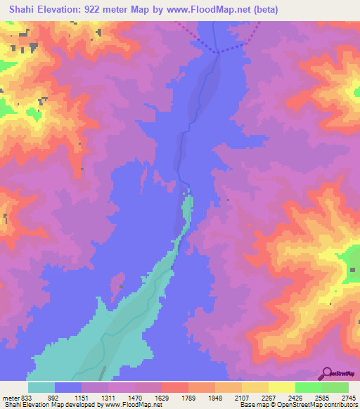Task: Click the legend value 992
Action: [x=53, y=397]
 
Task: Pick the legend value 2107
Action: [x=243, y=397]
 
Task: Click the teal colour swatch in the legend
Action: [x=41, y=387]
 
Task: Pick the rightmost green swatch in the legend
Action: [x=335, y=387]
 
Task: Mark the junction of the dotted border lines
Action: [x=218, y=51]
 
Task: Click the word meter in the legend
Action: [x=11, y=397]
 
